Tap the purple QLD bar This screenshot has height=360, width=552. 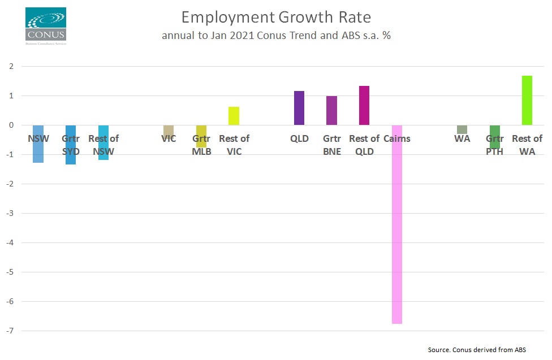[299, 108]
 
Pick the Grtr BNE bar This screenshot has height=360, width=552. [331, 111]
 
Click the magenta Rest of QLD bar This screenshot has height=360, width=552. [364, 106]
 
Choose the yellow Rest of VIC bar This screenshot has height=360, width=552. [234, 116]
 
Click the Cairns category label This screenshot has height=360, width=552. [397, 138]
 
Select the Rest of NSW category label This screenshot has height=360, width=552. [103, 145]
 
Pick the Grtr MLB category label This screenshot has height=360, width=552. [201, 145]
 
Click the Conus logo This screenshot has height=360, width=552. [46, 26]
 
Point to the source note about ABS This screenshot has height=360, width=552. [477, 350]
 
